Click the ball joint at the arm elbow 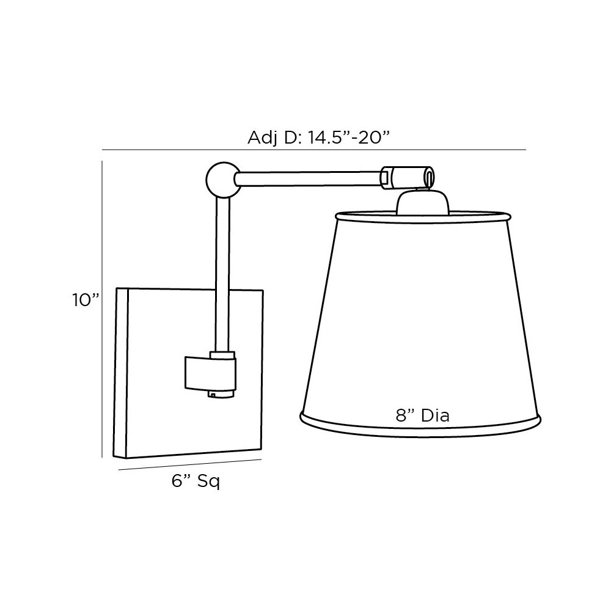coord(220,178)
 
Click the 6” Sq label coord(196,482)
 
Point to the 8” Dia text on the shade coord(422,416)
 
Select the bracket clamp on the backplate coord(210,373)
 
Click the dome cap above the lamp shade coord(423,202)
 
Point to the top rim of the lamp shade coord(422,214)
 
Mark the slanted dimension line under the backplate coord(189,465)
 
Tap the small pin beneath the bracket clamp coord(212,395)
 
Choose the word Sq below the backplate coord(208,482)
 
